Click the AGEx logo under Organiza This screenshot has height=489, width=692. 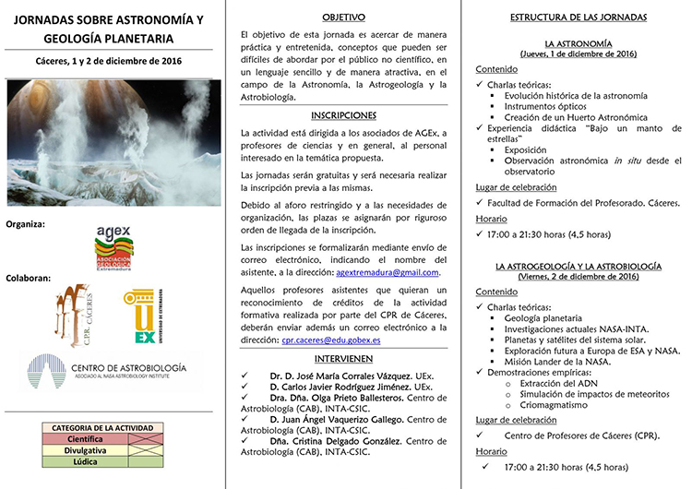tap(114, 247)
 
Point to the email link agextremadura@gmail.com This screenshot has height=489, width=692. tap(388, 272)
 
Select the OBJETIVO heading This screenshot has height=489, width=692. tap(343, 17)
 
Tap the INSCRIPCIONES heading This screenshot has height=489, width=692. tap(343, 115)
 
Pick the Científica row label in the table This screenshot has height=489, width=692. tap(85, 440)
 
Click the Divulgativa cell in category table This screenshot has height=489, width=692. tap(85, 451)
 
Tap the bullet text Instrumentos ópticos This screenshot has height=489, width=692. tap(550, 107)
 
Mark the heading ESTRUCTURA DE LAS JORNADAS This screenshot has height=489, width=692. tap(579, 18)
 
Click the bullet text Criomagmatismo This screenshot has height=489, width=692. tap(554, 404)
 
